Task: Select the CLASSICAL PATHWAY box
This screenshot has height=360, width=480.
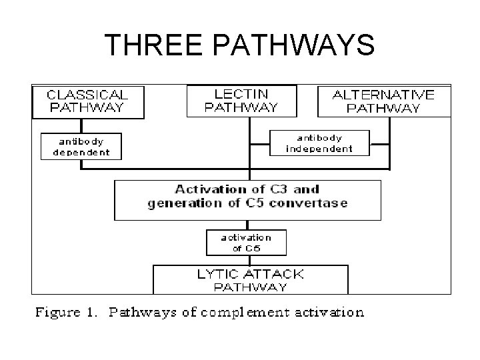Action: pos(87,102)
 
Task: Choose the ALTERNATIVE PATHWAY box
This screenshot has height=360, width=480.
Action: pos(383,101)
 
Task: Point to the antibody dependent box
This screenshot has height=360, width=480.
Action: pos(81,146)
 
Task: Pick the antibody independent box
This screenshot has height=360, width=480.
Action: pos(319,142)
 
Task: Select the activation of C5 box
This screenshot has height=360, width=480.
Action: pos(247,243)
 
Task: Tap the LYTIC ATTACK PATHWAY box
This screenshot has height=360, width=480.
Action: pos(251,279)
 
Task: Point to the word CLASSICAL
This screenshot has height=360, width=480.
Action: pos(87,95)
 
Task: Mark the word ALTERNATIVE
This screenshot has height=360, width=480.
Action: pos(383,95)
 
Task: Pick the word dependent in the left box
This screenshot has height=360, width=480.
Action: pos(81,152)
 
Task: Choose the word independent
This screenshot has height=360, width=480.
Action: pos(319,148)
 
